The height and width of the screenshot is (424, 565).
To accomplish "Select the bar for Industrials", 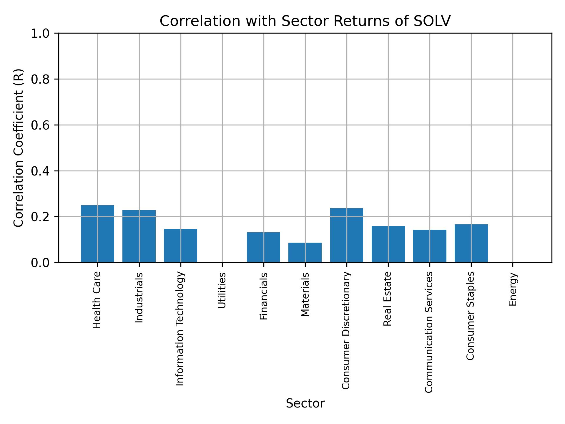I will coord(139,236).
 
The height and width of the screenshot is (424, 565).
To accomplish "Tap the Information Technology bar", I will coord(180,246).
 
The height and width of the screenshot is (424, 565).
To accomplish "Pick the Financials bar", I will coord(263,247).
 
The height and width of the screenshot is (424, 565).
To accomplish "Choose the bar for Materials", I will coord(305,252).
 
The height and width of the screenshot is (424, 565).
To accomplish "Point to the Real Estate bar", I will coord(388,244).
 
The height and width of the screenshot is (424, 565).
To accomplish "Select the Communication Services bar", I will coord(430,246).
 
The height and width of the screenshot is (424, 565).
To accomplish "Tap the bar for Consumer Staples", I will coord(471,243).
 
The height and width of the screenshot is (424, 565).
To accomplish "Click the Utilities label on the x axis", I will coord(222,290).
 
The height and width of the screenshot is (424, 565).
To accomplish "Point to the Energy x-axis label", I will coord(513,289).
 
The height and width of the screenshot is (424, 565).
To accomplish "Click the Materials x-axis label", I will coord(305,294).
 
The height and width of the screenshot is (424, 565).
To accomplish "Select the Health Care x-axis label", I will coord(97,300).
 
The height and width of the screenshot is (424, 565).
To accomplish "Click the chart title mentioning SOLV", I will coord(305,21).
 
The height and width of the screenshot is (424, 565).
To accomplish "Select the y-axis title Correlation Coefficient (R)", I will coord(19,148).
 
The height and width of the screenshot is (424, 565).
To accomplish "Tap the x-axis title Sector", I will coord(305,403).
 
